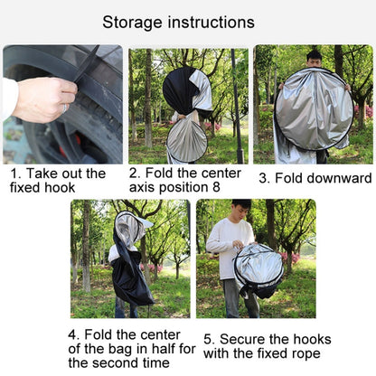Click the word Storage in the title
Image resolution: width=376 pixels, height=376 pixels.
tap(133, 23)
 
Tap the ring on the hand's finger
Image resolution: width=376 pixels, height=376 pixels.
tap(64, 108)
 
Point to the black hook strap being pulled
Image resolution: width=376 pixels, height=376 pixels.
tap(87, 63)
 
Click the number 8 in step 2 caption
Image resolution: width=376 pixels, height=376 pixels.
tap(216, 187)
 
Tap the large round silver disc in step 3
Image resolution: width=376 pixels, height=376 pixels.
tap(315, 108)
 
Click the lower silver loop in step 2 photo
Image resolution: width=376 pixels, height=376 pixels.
tap(187, 141)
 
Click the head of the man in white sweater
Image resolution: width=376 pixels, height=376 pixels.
tap(241, 210)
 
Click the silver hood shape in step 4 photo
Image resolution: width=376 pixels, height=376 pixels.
tap(130, 229)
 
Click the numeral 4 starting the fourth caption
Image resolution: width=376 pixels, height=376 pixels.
tap(72, 334)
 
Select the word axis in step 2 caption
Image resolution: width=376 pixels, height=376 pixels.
tap(142, 187)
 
